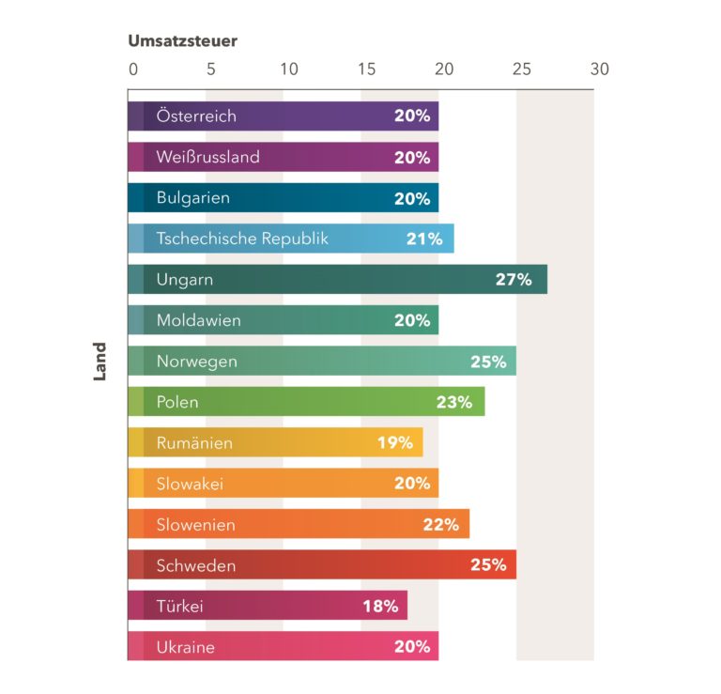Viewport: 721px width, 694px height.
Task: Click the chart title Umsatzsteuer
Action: coord(182,41)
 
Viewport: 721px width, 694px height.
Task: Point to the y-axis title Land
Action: coord(100,362)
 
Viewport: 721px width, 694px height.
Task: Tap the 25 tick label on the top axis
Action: coord(522,69)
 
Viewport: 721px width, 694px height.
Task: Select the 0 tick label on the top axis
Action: coord(133,69)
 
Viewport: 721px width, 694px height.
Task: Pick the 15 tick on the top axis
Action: coord(366,69)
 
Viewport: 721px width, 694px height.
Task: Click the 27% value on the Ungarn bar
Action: coord(514,280)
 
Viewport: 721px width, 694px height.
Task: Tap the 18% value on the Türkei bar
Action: coord(380,606)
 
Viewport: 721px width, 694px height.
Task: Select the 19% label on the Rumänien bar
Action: coord(395,443)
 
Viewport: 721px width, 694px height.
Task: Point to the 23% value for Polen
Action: coord(454,402)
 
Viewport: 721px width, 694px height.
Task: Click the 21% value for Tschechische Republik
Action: coord(424,239)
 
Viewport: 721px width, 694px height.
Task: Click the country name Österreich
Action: coord(196,116)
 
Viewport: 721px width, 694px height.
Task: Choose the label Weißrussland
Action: coord(207,158)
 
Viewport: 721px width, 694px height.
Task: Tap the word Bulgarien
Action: coord(192,198)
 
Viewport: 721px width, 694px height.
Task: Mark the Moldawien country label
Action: coord(198,320)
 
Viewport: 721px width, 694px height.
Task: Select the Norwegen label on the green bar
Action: coord(196,362)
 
